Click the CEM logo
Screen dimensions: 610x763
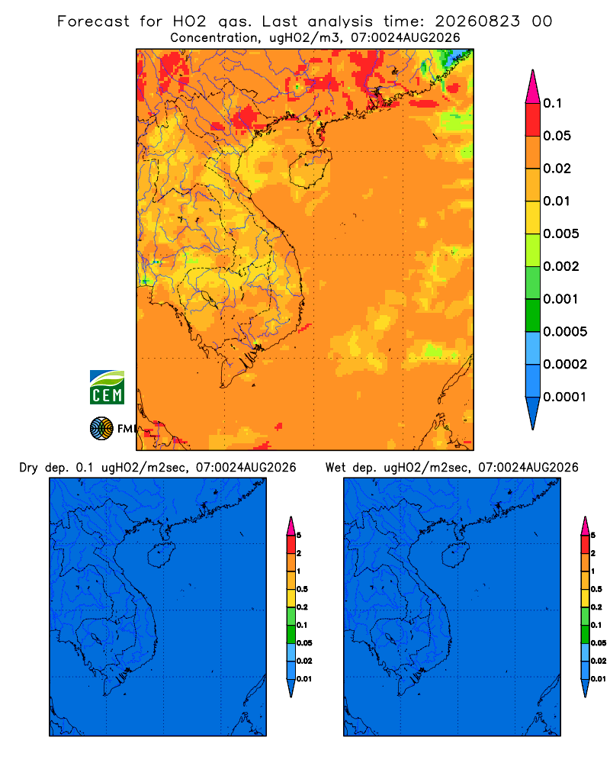click(x=107, y=388)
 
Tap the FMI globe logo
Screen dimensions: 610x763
click(x=101, y=429)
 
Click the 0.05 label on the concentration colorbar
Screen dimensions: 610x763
click(x=557, y=136)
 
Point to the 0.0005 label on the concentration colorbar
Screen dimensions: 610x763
click(x=565, y=332)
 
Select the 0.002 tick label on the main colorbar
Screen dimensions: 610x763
click(x=561, y=266)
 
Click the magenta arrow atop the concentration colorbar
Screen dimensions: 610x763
click(x=533, y=86)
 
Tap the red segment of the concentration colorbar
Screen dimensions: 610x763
click(x=533, y=120)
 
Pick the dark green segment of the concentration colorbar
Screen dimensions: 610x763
click(x=533, y=315)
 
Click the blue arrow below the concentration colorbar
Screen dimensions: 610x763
click(x=533, y=414)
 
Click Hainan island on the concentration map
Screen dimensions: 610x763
click(x=310, y=168)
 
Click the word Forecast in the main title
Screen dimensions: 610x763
click(x=93, y=21)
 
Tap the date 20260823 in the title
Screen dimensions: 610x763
click(x=477, y=21)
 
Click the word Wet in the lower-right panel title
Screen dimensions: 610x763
click(x=335, y=468)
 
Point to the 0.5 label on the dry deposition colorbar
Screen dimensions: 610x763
click(x=302, y=589)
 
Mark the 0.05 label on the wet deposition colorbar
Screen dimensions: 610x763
click(x=599, y=643)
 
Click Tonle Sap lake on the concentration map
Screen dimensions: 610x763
click(x=207, y=298)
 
